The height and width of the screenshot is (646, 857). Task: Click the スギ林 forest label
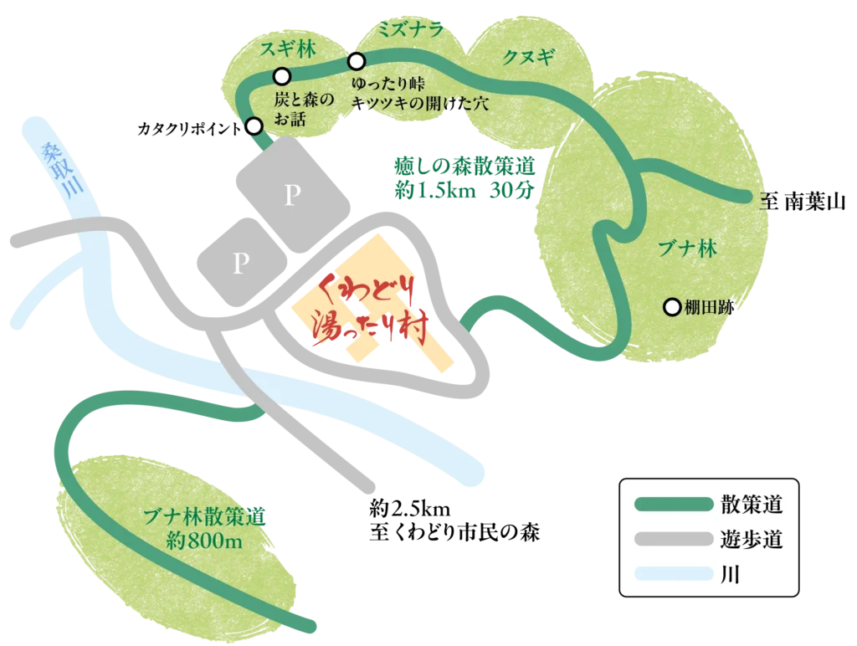(287, 49)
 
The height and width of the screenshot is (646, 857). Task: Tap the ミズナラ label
(409, 30)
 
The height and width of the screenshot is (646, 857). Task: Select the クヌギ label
(528, 57)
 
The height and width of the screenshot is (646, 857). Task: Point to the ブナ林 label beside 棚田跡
(688, 249)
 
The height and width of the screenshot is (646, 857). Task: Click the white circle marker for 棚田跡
(672, 307)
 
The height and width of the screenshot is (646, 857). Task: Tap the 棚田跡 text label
(709, 308)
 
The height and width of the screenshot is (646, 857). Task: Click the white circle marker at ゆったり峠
(357, 61)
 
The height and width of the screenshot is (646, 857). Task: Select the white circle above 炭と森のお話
(282, 76)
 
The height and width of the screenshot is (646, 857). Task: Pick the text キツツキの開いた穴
(419, 105)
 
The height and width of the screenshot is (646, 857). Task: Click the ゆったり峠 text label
(389, 85)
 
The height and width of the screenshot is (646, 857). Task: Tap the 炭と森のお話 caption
(303, 110)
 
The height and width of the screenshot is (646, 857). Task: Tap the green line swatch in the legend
(672, 505)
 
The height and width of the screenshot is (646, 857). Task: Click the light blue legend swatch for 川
(672, 575)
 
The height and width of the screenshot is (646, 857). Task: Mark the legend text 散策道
(751, 505)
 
